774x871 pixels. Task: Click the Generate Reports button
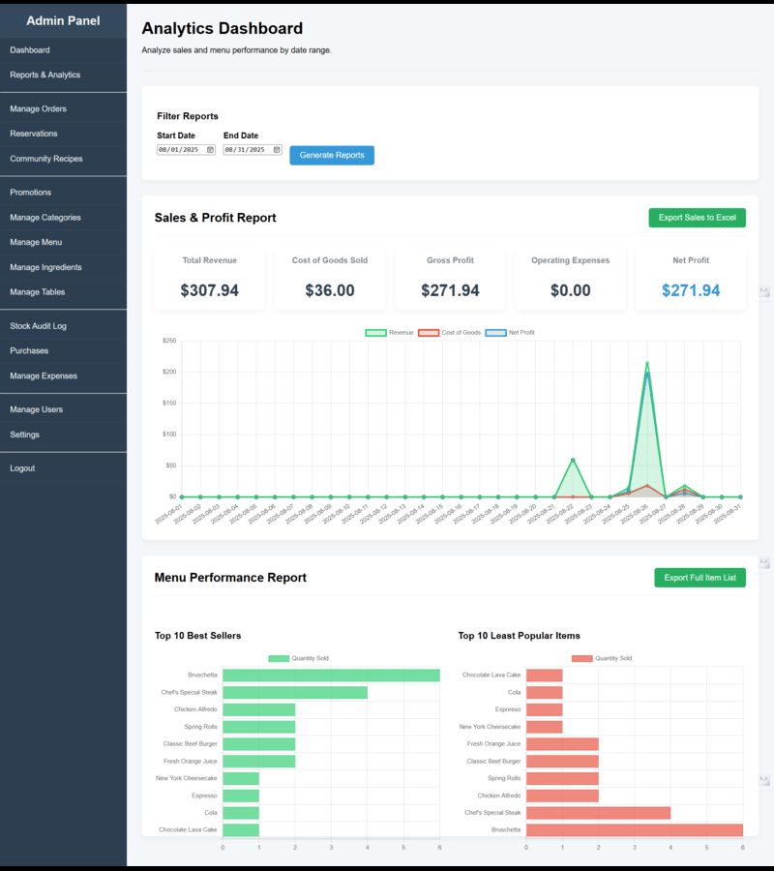pyautogui.click(x=332, y=155)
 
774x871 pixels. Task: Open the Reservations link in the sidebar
pyautogui.click(x=34, y=134)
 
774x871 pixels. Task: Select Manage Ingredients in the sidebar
pyautogui.click(x=45, y=267)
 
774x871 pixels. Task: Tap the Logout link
pyautogui.click(x=22, y=468)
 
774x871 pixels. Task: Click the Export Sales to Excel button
pyautogui.click(x=697, y=218)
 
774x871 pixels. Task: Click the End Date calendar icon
pyautogui.click(x=277, y=150)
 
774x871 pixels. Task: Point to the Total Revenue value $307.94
pyautogui.click(x=209, y=290)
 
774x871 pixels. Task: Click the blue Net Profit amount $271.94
pyautogui.click(x=691, y=290)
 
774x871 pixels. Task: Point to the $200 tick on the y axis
pyautogui.click(x=168, y=372)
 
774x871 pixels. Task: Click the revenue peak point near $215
pyautogui.click(x=647, y=364)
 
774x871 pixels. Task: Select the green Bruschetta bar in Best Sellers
pyautogui.click(x=331, y=675)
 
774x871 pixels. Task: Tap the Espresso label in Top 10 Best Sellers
pyautogui.click(x=204, y=796)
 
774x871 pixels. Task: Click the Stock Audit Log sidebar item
pyautogui.click(x=38, y=326)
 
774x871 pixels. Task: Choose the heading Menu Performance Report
pyautogui.click(x=230, y=578)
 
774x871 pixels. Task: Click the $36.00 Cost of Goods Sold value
pyautogui.click(x=330, y=290)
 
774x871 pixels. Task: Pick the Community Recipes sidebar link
pyautogui.click(x=46, y=159)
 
